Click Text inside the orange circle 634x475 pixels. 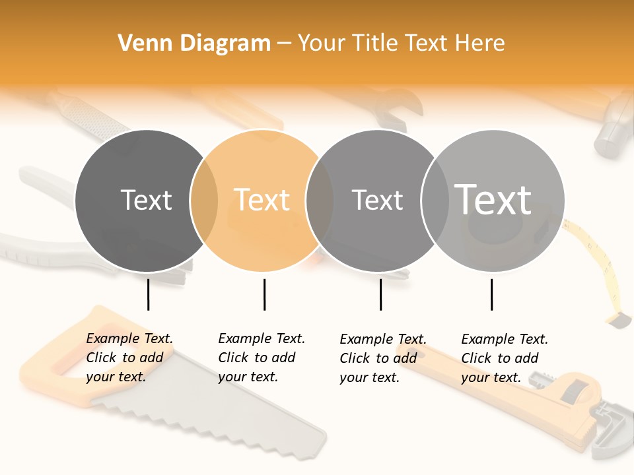[x=262, y=200]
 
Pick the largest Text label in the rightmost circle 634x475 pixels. [x=493, y=199]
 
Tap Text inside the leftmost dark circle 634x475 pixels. [x=146, y=200]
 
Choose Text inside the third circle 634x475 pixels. [x=377, y=200]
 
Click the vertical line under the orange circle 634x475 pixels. [x=264, y=294]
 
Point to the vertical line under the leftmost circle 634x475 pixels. [x=148, y=294]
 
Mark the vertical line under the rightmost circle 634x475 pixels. [x=491, y=294]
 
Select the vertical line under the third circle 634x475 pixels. [x=380, y=294]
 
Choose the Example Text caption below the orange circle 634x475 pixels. [x=262, y=358]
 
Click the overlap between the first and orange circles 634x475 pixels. [x=204, y=200]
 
